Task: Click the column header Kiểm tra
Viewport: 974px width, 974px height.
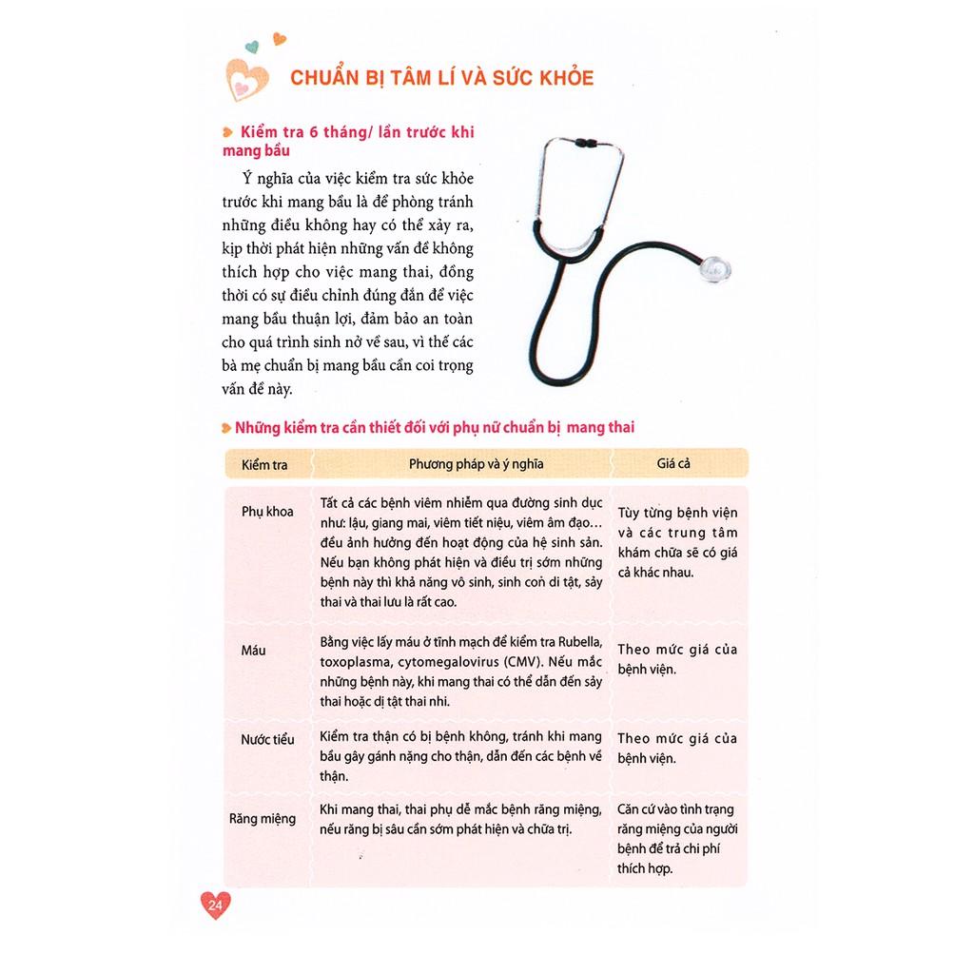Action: (264, 465)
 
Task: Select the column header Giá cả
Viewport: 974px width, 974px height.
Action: (672, 465)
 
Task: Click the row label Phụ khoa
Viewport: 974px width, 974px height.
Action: (267, 512)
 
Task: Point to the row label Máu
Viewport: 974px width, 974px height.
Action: (254, 651)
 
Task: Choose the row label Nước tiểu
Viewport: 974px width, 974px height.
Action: (267, 739)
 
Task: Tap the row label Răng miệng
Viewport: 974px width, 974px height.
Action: (263, 818)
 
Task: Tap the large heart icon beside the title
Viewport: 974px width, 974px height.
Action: (245, 76)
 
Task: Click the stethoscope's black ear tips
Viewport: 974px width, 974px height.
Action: (585, 145)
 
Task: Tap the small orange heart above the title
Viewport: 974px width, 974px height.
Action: (279, 39)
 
